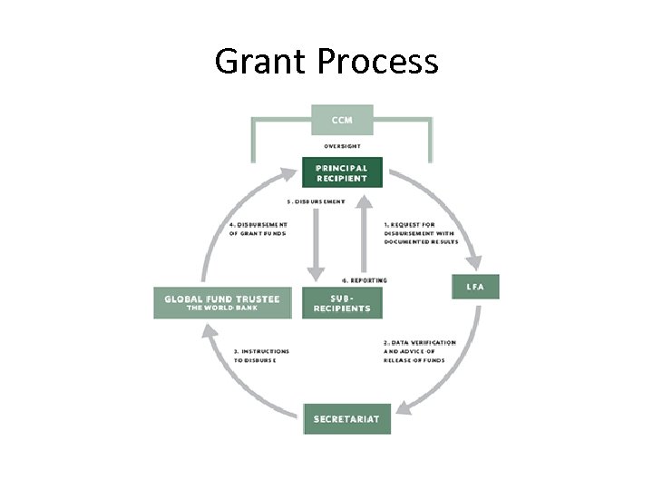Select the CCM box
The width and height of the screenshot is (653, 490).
pyautogui.click(x=342, y=119)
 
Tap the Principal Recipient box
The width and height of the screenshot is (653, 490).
pyautogui.click(x=342, y=172)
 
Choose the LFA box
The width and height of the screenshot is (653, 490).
pyautogui.click(x=475, y=287)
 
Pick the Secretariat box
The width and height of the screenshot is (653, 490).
pyautogui.click(x=346, y=418)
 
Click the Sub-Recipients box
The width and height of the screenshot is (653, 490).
pyautogui.click(x=342, y=303)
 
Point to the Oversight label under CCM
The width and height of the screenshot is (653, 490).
pyautogui.click(x=342, y=145)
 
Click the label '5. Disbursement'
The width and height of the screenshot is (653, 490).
pyautogui.click(x=316, y=201)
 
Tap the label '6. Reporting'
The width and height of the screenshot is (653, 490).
pyautogui.click(x=365, y=280)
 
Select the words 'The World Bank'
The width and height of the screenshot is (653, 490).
pyautogui.click(x=222, y=308)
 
